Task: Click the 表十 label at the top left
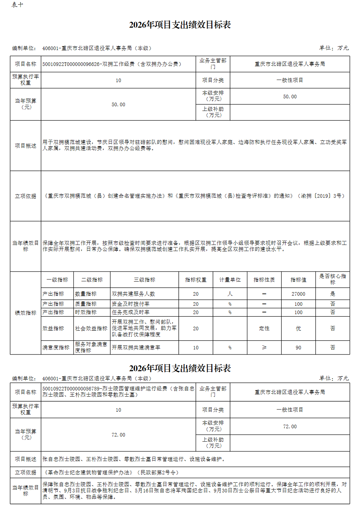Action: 17,5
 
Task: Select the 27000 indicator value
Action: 298,294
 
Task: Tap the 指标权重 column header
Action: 195,280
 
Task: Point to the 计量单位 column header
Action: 230,280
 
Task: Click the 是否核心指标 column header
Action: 332,279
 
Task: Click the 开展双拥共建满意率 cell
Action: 136,348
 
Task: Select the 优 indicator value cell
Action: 298,329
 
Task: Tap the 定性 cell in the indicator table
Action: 264,329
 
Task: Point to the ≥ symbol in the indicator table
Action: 264,348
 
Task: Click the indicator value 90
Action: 298,348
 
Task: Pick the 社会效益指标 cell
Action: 91,329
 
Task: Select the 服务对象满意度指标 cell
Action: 91,347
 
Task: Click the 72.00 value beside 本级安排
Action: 290,426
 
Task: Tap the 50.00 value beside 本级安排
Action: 290,97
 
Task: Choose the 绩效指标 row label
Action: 26,313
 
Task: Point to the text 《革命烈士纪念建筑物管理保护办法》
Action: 88,472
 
